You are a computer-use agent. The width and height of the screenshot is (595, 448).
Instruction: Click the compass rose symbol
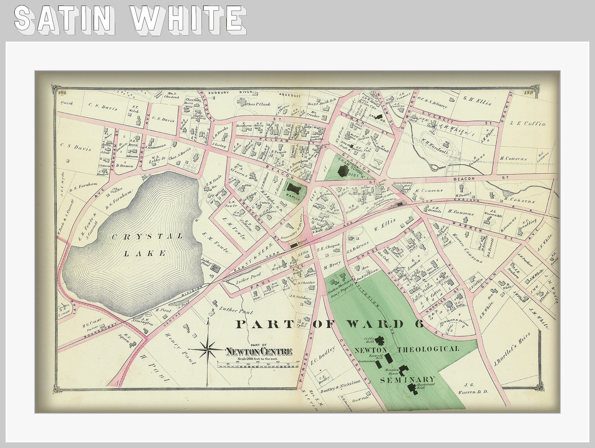pos(207,350)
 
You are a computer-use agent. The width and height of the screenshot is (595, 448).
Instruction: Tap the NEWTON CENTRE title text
pos(259,352)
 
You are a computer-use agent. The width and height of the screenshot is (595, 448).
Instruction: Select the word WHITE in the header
pos(188,18)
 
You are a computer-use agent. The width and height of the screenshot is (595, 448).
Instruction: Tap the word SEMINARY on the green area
pos(408,379)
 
